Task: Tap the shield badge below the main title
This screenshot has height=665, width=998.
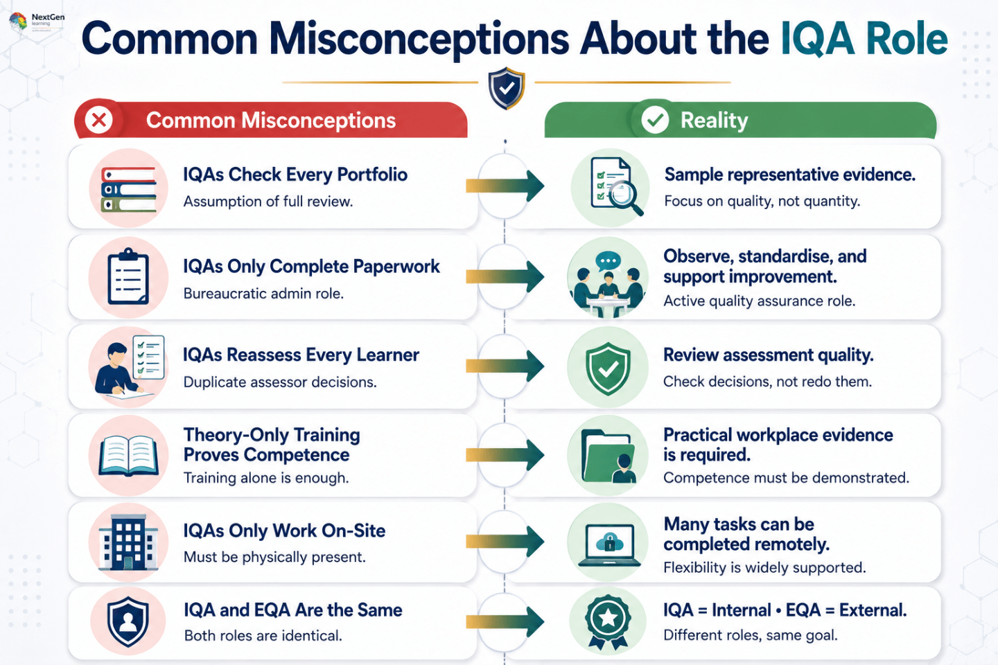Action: [506, 88]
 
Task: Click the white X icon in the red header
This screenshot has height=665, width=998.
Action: [99, 120]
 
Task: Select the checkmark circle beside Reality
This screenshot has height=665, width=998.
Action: [654, 120]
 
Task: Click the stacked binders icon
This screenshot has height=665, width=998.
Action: [129, 189]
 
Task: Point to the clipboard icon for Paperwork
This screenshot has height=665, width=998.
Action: [128, 276]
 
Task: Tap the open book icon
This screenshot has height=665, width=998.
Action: [128, 456]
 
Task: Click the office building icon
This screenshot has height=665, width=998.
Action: [128, 542]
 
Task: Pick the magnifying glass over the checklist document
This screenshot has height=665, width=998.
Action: [626, 198]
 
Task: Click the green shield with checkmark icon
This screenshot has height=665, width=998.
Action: [608, 369]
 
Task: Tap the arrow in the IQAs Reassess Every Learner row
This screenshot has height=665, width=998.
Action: [505, 366]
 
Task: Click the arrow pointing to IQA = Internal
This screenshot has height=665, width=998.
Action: [505, 621]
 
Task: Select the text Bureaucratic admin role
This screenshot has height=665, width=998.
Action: [263, 294]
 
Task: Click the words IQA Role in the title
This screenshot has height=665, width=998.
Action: [864, 39]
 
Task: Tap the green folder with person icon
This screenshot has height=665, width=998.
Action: [609, 456]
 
